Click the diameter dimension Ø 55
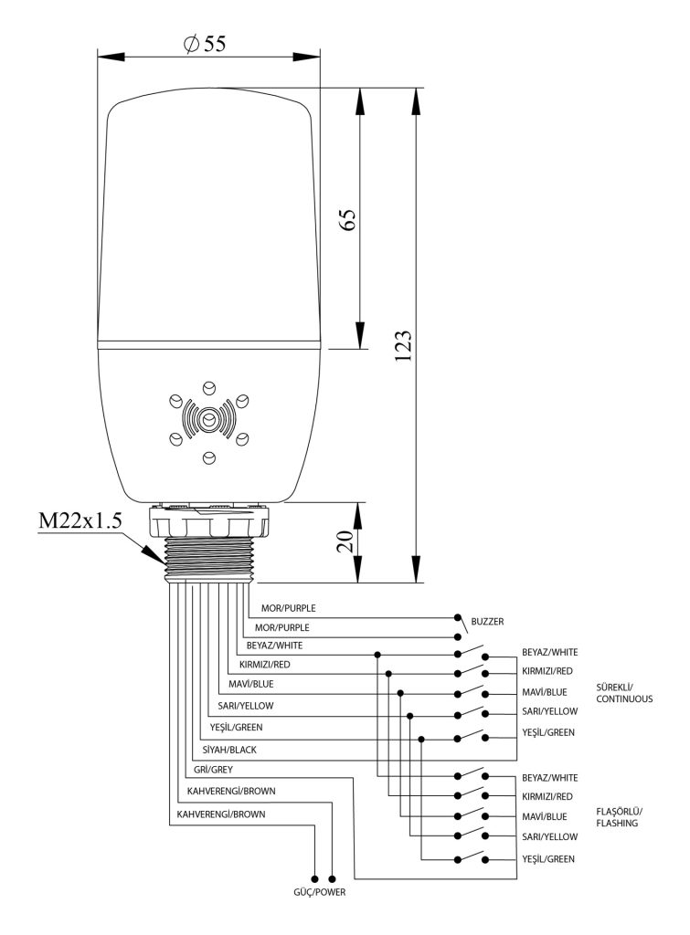204,43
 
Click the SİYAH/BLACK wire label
231,750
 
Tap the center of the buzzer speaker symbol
208,419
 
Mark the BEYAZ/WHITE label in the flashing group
549,777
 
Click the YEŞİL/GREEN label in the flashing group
548,860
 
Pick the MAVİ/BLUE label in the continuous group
545,693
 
